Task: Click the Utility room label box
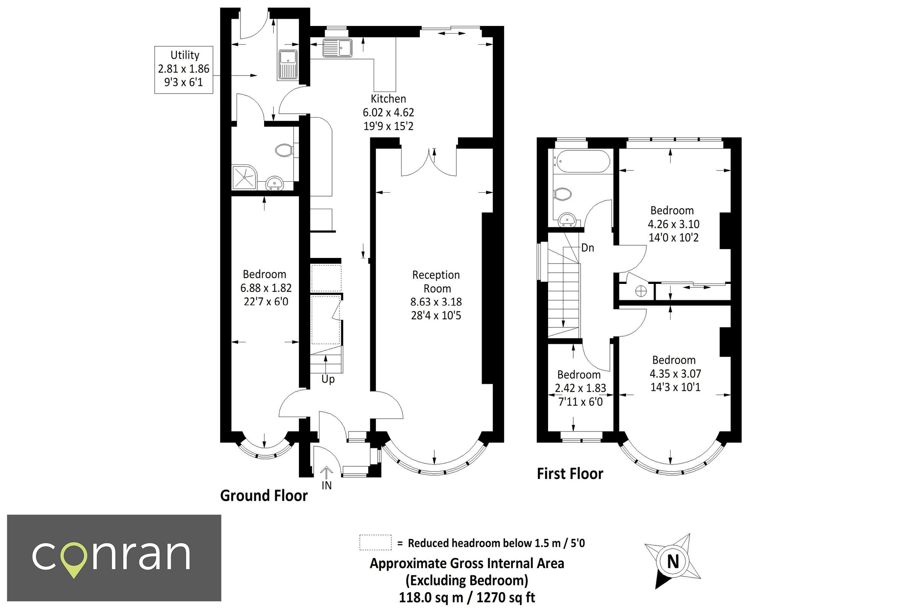[184, 69]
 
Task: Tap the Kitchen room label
[388, 99]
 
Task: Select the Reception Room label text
[436, 282]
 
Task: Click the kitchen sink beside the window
[337, 48]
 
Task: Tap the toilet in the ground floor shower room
[285, 150]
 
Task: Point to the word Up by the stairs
[328, 379]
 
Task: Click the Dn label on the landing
[587, 248]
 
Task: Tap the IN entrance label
[327, 485]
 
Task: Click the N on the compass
[673, 562]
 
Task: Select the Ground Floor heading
[264, 496]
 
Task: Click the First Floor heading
[570, 474]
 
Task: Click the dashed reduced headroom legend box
[375, 543]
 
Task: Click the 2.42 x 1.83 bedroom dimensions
[581, 388]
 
